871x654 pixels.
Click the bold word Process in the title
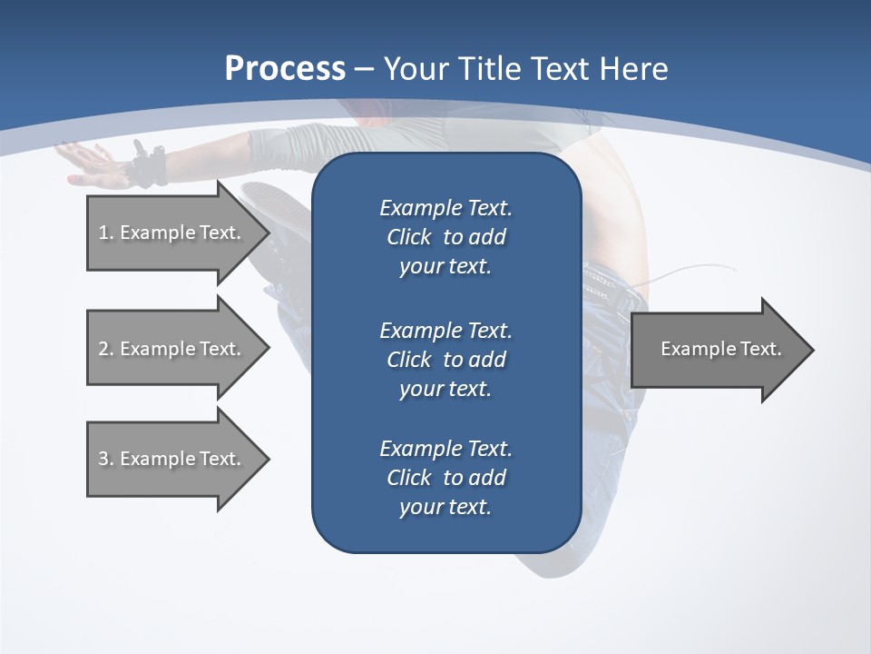pyautogui.click(x=285, y=69)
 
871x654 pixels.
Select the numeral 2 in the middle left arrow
pyautogui.click(x=103, y=349)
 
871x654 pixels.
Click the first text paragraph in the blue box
pyautogui.click(x=445, y=237)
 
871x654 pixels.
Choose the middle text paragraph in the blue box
pyautogui.click(x=445, y=360)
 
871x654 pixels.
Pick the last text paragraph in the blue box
pyautogui.click(x=445, y=478)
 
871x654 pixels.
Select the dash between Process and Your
pyautogui.click(x=365, y=69)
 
